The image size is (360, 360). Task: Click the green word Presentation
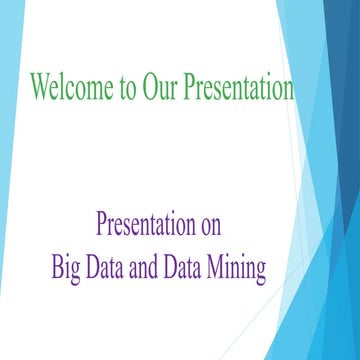(x=239, y=88)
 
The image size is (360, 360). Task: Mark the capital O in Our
(x=150, y=88)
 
